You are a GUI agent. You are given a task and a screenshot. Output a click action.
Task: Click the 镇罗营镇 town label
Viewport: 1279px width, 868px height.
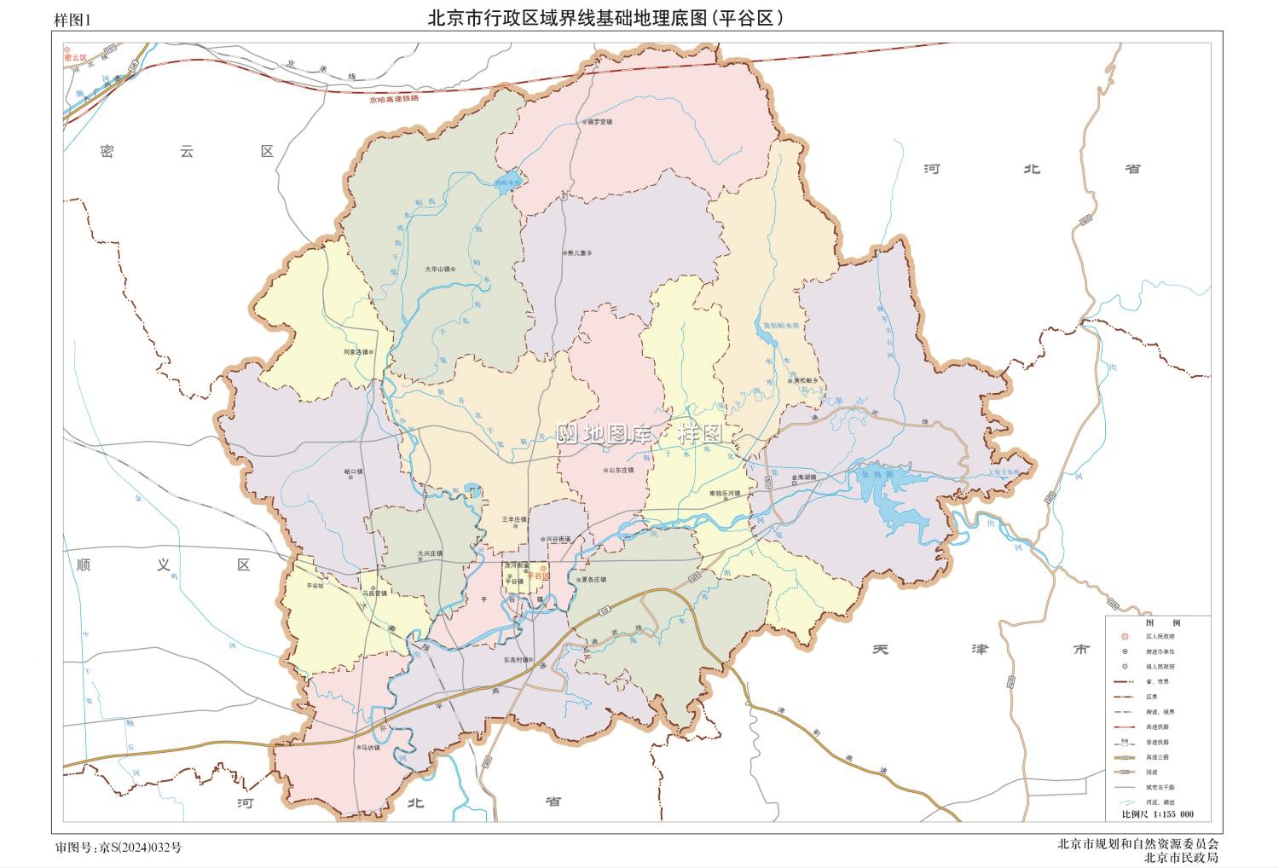pyautogui.click(x=600, y=122)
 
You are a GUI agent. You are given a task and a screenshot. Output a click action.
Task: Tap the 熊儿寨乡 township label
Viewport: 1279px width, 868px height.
pyautogui.click(x=579, y=253)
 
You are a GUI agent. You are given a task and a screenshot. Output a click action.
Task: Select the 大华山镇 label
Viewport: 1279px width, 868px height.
pyautogui.click(x=438, y=269)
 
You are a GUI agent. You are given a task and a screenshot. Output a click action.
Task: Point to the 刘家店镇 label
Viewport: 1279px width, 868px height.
pyautogui.click(x=356, y=351)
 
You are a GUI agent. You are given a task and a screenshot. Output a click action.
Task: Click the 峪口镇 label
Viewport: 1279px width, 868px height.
pyautogui.click(x=353, y=471)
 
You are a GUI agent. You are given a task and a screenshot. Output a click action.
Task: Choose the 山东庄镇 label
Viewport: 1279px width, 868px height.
pyautogui.click(x=621, y=470)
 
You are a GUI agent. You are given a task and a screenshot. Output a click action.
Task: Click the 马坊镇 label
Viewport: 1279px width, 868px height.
pyautogui.click(x=370, y=748)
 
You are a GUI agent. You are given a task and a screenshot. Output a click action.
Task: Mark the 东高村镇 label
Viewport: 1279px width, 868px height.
pyautogui.click(x=516, y=659)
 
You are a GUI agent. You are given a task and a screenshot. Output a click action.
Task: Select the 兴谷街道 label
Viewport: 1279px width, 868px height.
pyautogui.click(x=559, y=539)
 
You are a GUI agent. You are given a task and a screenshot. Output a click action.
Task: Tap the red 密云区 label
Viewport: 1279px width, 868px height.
pyautogui.click(x=76, y=57)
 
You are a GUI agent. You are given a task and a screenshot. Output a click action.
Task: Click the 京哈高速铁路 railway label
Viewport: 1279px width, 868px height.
pyautogui.click(x=394, y=100)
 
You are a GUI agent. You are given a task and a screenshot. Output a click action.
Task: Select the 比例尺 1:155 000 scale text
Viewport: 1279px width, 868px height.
pyautogui.click(x=1157, y=814)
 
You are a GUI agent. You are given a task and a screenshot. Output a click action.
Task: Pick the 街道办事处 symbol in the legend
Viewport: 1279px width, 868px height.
pyautogui.click(x=1126, y=651)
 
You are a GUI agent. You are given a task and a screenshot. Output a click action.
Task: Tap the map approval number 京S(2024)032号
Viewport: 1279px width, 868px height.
pyautogui.click(x=119, y=847)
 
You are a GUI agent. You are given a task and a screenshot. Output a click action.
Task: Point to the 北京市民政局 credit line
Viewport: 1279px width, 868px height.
pyautogui.click(x=1181, y=857)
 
